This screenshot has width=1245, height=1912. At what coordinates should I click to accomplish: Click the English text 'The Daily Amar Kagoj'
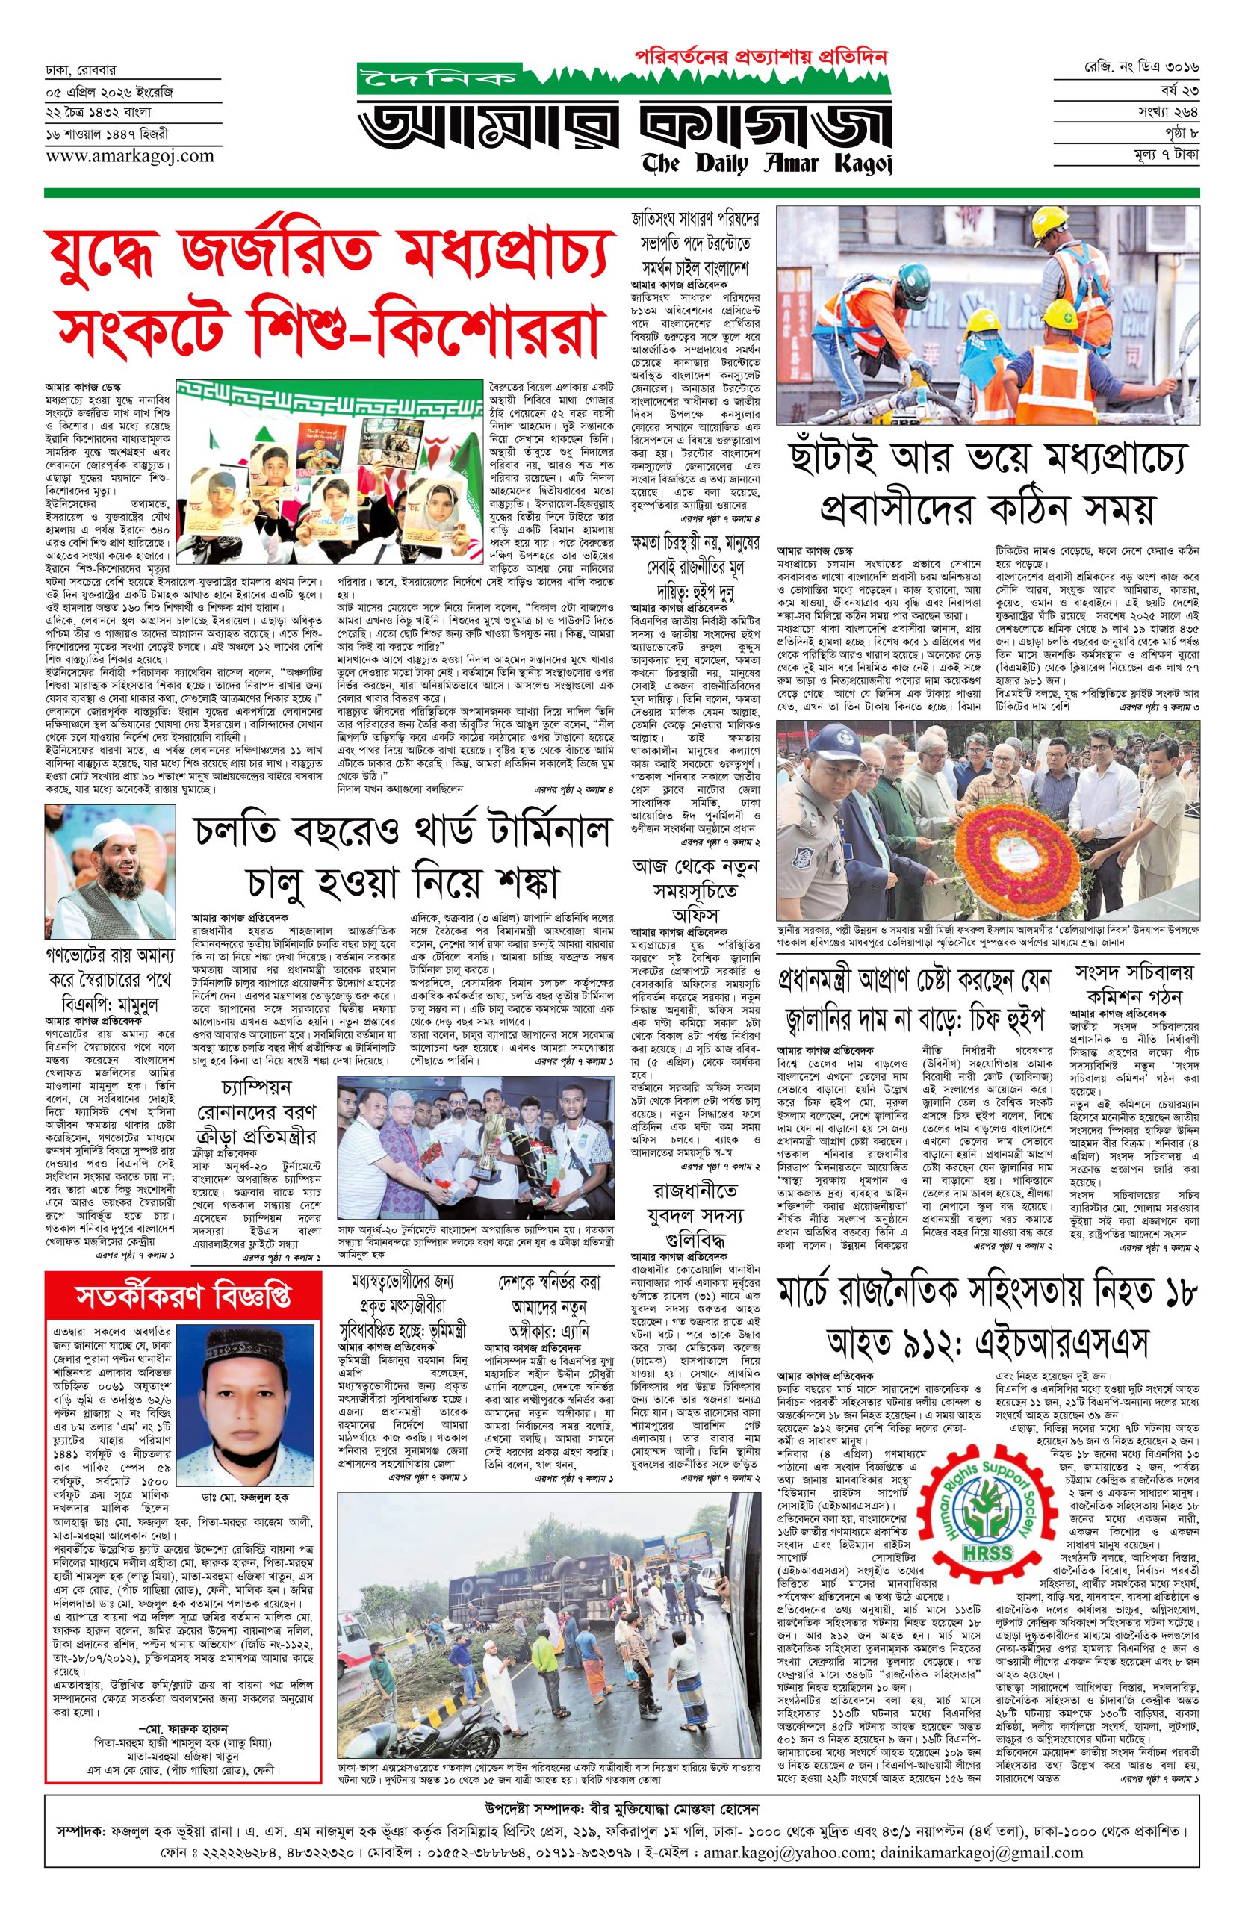click(x=767, y=163)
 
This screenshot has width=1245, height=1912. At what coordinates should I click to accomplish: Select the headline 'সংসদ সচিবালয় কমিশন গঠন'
click(x=1134, y=984)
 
